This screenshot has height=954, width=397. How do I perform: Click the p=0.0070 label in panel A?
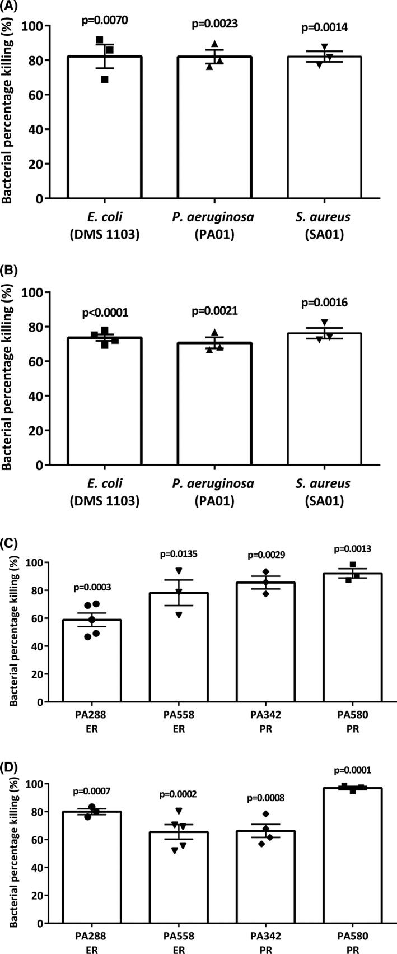click(x=104, y=21)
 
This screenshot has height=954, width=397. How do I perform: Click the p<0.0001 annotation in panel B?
click(x=104, y=312)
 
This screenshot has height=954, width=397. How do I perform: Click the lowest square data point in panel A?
click(x=105, y=80)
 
